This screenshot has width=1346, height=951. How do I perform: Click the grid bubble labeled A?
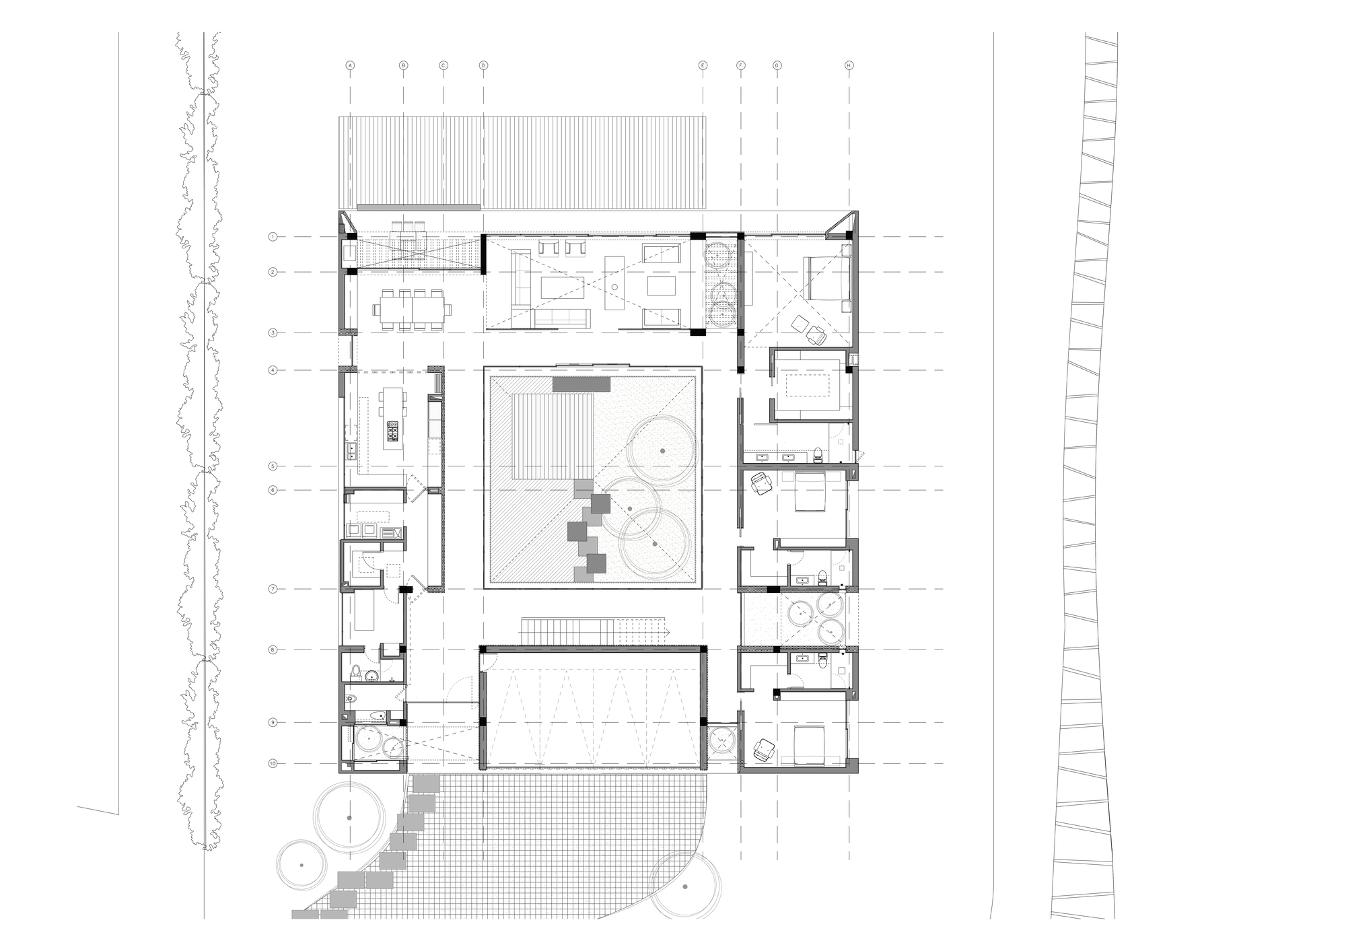pyautogui.click(x=349, y=65)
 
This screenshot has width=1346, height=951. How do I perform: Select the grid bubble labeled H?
pyautogui.click(x=849, y=65)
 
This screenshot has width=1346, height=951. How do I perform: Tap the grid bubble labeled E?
pyautogui.click(x=703, y=65)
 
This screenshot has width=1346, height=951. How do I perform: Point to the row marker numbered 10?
pyautogui.click(x=273, y=763)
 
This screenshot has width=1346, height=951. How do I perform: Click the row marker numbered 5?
pyautogui.click(x=273, y=466)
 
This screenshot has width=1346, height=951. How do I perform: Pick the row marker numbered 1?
pyautogui.click(x=273, y=237)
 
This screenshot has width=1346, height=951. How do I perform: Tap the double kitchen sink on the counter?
pyautogui.click(x=351, y=451)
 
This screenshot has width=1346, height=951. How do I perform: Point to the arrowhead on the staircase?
pyautogui.click(x=670, y=632)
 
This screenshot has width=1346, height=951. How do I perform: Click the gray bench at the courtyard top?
pyautogui.click(x=581, y=384)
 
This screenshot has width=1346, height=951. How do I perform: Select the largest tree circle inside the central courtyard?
pyautogui.click(x=663, y=450)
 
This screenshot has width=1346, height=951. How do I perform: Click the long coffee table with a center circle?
pyautogui.click(x=614, y=283)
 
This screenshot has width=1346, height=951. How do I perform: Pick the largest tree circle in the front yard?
pyautogui.click(x=349, y=817)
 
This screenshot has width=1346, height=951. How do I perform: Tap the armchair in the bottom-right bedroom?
pyautogui.click(x=764, y=749)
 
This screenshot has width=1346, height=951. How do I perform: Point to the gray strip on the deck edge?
pyautogui.click(x=418, y=206)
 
